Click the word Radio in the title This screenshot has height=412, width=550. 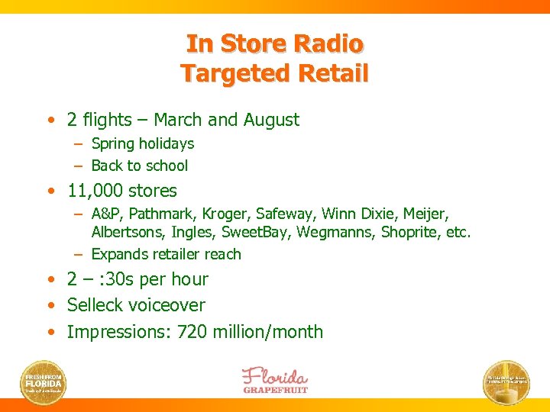[x=332, y=43]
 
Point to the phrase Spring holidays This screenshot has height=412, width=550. [x=142, y=143]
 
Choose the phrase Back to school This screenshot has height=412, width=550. [x=139, y=166]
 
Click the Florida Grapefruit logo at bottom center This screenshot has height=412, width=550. [x=275, y=380]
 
